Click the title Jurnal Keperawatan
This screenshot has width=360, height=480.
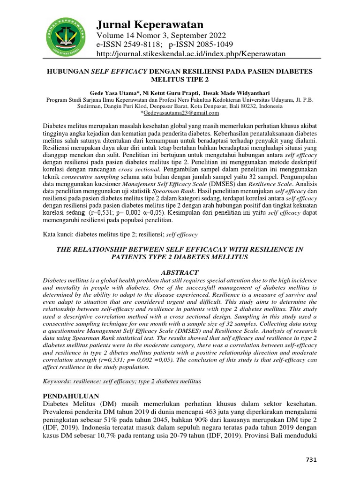click(150, 24)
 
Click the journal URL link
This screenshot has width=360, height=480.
click(191, 54)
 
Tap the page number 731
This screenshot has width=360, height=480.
click(311, 460)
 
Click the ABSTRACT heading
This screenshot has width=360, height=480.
click(180, 272)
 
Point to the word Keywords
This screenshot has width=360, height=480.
click(57, 381)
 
